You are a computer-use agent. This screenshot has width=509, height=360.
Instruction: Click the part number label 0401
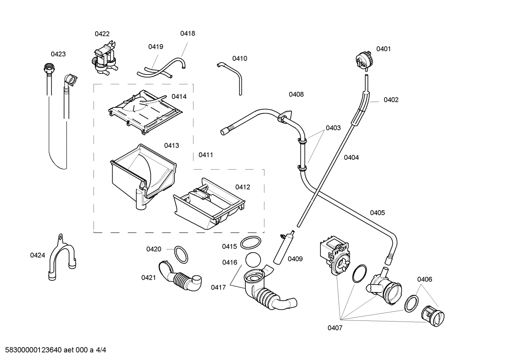pos(383,49)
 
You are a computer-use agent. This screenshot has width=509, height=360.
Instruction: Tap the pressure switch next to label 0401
pos(363,59)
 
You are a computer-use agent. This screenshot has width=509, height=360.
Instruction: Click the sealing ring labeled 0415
pos(251,243)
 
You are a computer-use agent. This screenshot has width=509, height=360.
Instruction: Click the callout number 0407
pos(335,328)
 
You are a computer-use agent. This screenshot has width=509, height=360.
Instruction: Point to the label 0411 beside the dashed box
pos(205,155)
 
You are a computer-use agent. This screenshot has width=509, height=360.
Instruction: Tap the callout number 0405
pos(377,213)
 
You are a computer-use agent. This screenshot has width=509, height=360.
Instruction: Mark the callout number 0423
pos(58,54)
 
